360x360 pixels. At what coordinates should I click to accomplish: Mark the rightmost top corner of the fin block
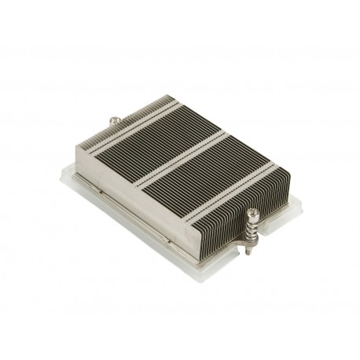pyautogui.click(x=277, y=167)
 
